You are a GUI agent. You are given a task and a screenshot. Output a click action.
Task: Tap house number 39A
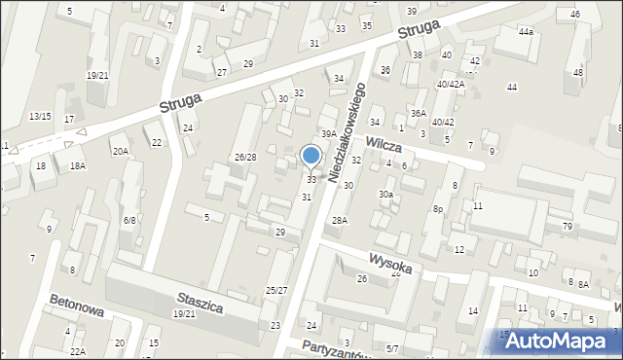[x=329, y=134]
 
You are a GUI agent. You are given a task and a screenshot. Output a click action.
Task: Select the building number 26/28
[x=244, y=158]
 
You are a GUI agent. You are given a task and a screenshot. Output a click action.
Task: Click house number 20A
[x=120, y=151]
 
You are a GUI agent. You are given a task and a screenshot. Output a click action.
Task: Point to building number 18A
[x=77, y=166]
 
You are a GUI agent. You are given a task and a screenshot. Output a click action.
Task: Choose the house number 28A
[x=339, y=221]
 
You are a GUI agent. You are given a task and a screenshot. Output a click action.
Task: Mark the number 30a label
[x=386, y=195]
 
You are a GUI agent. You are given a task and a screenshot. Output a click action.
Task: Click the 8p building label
[x=439, y=208]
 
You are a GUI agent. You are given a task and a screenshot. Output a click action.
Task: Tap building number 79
[x=567, y=227]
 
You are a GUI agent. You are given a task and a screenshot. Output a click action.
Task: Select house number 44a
[x=526, y=32]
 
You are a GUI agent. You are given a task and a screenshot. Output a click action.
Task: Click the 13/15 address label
[x=40, y=116]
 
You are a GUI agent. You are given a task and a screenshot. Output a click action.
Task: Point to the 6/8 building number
[x=129, y=220]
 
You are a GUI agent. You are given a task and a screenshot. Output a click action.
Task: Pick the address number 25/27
[x=276, y=290]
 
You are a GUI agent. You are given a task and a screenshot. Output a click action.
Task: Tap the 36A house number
[x=418, y=114]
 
